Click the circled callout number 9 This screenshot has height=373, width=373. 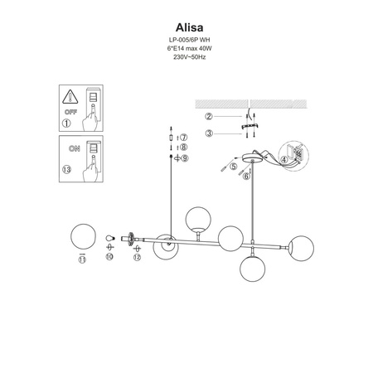point(185,157)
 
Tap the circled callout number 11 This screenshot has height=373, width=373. point(81,259)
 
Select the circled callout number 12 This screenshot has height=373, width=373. point(136,259)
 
